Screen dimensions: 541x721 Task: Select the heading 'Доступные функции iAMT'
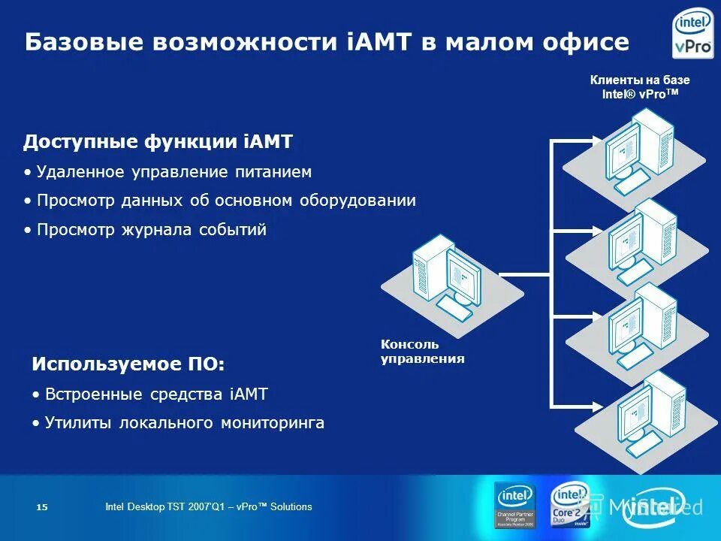158,142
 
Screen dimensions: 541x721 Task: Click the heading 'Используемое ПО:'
128,364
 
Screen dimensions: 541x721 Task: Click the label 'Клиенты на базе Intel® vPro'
640,86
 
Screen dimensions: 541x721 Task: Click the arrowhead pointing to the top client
596,141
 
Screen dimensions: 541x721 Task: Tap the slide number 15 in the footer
42,508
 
